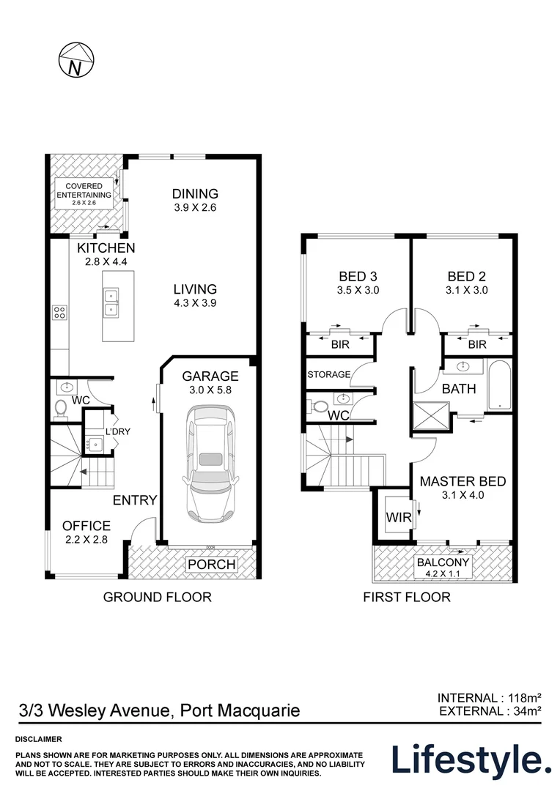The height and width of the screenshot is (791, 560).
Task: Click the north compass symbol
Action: point(76,60)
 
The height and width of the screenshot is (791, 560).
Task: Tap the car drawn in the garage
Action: point(210,464)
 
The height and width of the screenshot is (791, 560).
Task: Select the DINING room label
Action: point(195,193)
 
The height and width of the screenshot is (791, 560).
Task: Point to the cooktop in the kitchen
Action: point(59,312)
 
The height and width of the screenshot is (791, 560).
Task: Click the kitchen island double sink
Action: point(111,302)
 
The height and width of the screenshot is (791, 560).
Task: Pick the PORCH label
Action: point(212,564)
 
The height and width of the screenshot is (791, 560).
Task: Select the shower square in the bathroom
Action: point(431,417)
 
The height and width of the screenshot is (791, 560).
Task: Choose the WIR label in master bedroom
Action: point(399,517)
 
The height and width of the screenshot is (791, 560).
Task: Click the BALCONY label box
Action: point(443,567)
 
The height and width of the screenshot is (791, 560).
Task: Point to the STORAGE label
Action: point(328,374)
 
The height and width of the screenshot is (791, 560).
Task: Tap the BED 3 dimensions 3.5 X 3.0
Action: point(358,290)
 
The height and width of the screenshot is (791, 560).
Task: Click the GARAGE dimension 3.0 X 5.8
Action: point(210,390)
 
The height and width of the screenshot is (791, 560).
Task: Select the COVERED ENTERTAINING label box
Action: point(84,193)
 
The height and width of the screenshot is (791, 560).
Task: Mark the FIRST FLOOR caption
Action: point(407,598)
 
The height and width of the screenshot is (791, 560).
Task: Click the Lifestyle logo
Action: point(471,760)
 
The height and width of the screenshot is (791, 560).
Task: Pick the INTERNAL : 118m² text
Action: point(490,698)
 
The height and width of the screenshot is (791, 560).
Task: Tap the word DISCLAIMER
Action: point(39,739)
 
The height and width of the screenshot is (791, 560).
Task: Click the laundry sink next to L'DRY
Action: point(95,444)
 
